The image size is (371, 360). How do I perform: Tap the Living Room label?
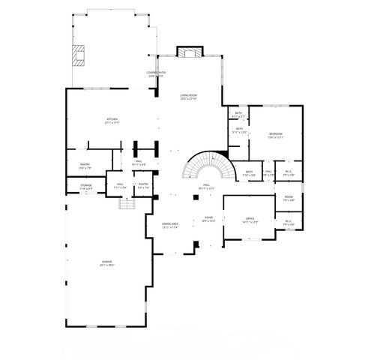(x=188, y=95)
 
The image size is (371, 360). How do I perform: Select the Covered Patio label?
(x=155, y=73)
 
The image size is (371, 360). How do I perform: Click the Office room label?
(x=250, y=219)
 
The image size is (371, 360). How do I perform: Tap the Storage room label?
(x=86, y=184)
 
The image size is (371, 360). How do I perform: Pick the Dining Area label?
(x=170, y=223)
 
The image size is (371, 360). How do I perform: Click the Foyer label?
(x=209, y=217)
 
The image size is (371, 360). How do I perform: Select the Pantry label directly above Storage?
(x=85, y=165)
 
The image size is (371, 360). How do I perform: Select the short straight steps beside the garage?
(x=127, y=203)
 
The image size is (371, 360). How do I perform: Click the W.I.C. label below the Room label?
(x=289, y=221)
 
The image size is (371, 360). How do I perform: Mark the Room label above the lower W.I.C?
(x=289, y=198)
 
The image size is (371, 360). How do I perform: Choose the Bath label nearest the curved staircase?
(x=250, y=172)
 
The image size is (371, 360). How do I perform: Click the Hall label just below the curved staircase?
(x=205, y=185)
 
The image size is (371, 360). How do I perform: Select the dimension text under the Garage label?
(x=108, y=265)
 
